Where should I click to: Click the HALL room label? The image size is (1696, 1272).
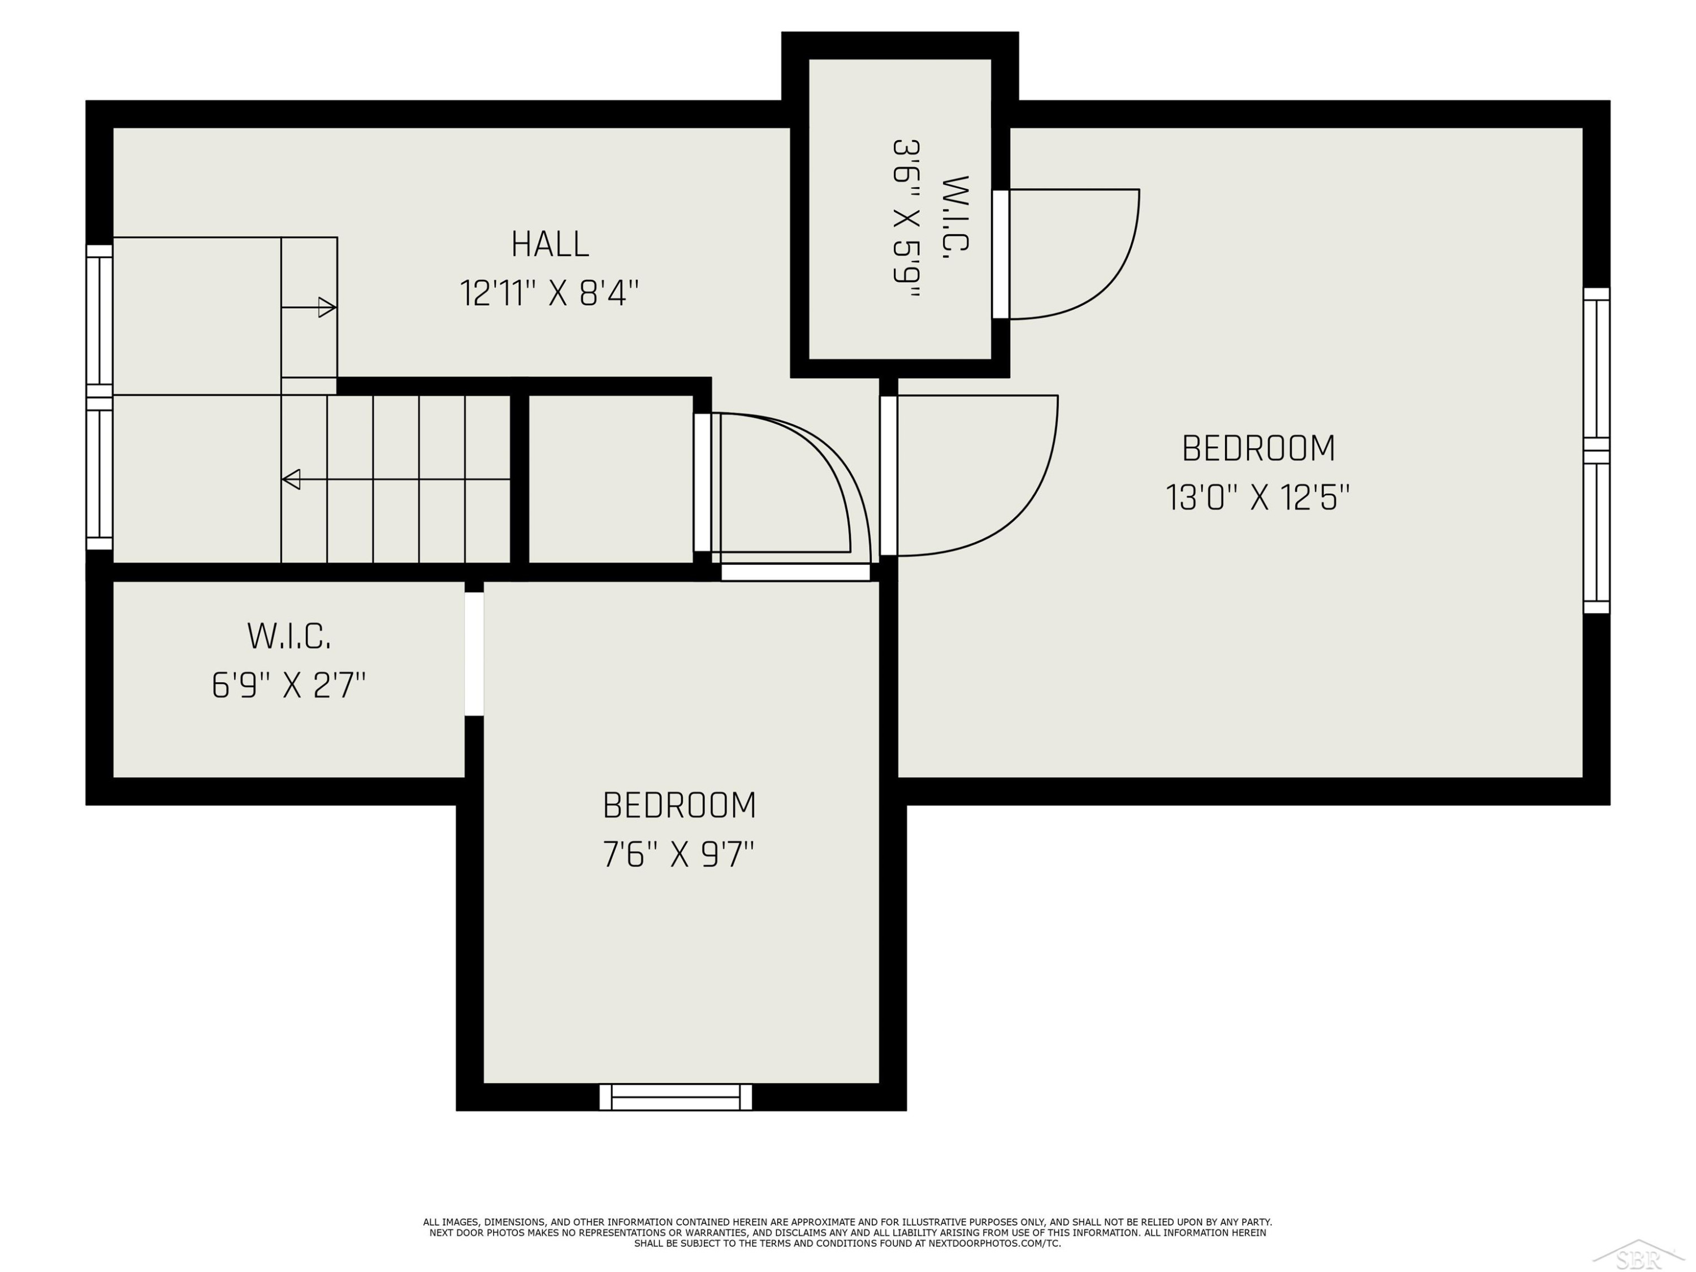click(550, 245)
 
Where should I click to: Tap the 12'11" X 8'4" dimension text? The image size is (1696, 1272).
click(550, 293)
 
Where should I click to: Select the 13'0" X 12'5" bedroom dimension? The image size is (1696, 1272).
click(1257, 497)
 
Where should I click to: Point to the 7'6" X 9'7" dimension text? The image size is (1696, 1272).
click(678, 854)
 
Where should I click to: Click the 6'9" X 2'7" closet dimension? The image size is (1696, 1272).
click(289, 685)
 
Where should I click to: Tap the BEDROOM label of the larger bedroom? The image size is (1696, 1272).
click(1258, 448)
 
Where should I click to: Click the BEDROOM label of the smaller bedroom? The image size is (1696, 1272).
click(680, 806)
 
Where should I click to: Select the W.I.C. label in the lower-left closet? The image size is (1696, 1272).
click(289, 637)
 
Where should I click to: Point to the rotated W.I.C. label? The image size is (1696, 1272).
click(955, 218)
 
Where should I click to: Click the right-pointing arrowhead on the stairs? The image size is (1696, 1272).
click(327, 308)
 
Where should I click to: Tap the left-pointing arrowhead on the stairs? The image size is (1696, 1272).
click(291, 479)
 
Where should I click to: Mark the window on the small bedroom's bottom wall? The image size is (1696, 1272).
click(676, 1097)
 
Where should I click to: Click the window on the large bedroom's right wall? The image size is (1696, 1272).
click(1597, 451)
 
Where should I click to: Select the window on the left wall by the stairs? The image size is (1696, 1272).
click(99, 397)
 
